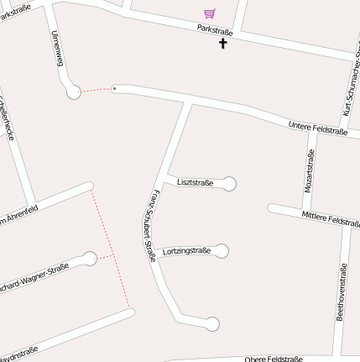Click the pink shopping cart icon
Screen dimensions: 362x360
pos(209,13)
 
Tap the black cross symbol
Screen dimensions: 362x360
pos(223,42)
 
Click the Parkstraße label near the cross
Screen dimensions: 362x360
pos(214,30)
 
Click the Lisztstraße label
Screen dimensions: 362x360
pos(195,182)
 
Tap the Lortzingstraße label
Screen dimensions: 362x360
pos(185,250)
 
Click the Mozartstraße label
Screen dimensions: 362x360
pos(310,171)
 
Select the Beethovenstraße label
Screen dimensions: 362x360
pos(341,291)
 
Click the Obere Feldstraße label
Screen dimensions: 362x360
pos(273,359)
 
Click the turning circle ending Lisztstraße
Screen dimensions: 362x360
pos(228,184)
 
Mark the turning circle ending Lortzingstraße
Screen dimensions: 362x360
pos(222,250)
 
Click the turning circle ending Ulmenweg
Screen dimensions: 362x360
pos(74,92)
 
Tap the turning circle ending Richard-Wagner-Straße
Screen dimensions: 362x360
pos(90,259)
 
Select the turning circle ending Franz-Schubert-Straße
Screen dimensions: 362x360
pos(212,323)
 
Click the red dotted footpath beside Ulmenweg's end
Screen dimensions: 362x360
pos(96,89)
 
